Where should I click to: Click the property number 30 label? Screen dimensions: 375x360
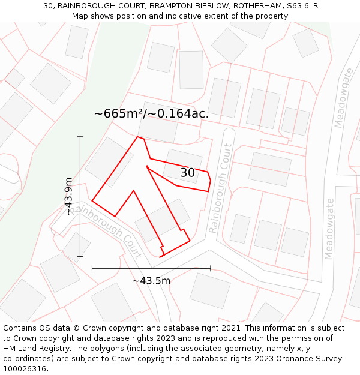[x=188, y=173]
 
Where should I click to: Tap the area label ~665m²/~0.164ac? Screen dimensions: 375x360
[x=151, y=113]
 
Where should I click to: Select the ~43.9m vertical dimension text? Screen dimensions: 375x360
[x=69, y=196]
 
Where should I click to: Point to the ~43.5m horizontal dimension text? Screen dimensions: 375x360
[x=151, y=280]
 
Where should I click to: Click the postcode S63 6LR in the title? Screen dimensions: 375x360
[x=302, y=6]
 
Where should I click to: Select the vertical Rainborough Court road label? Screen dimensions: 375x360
[x=220, y=189]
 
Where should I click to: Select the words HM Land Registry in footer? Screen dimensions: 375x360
[x=34, y=349]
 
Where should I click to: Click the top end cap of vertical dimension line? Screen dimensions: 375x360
[x=80, y=137]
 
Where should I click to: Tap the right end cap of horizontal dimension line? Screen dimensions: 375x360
[x=211, y=268]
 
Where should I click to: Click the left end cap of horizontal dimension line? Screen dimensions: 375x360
[x=92, y=268]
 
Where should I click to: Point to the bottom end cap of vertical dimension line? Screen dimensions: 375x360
[x=80, y=256]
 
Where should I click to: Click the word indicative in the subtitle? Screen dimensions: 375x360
[x=185, y=16]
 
